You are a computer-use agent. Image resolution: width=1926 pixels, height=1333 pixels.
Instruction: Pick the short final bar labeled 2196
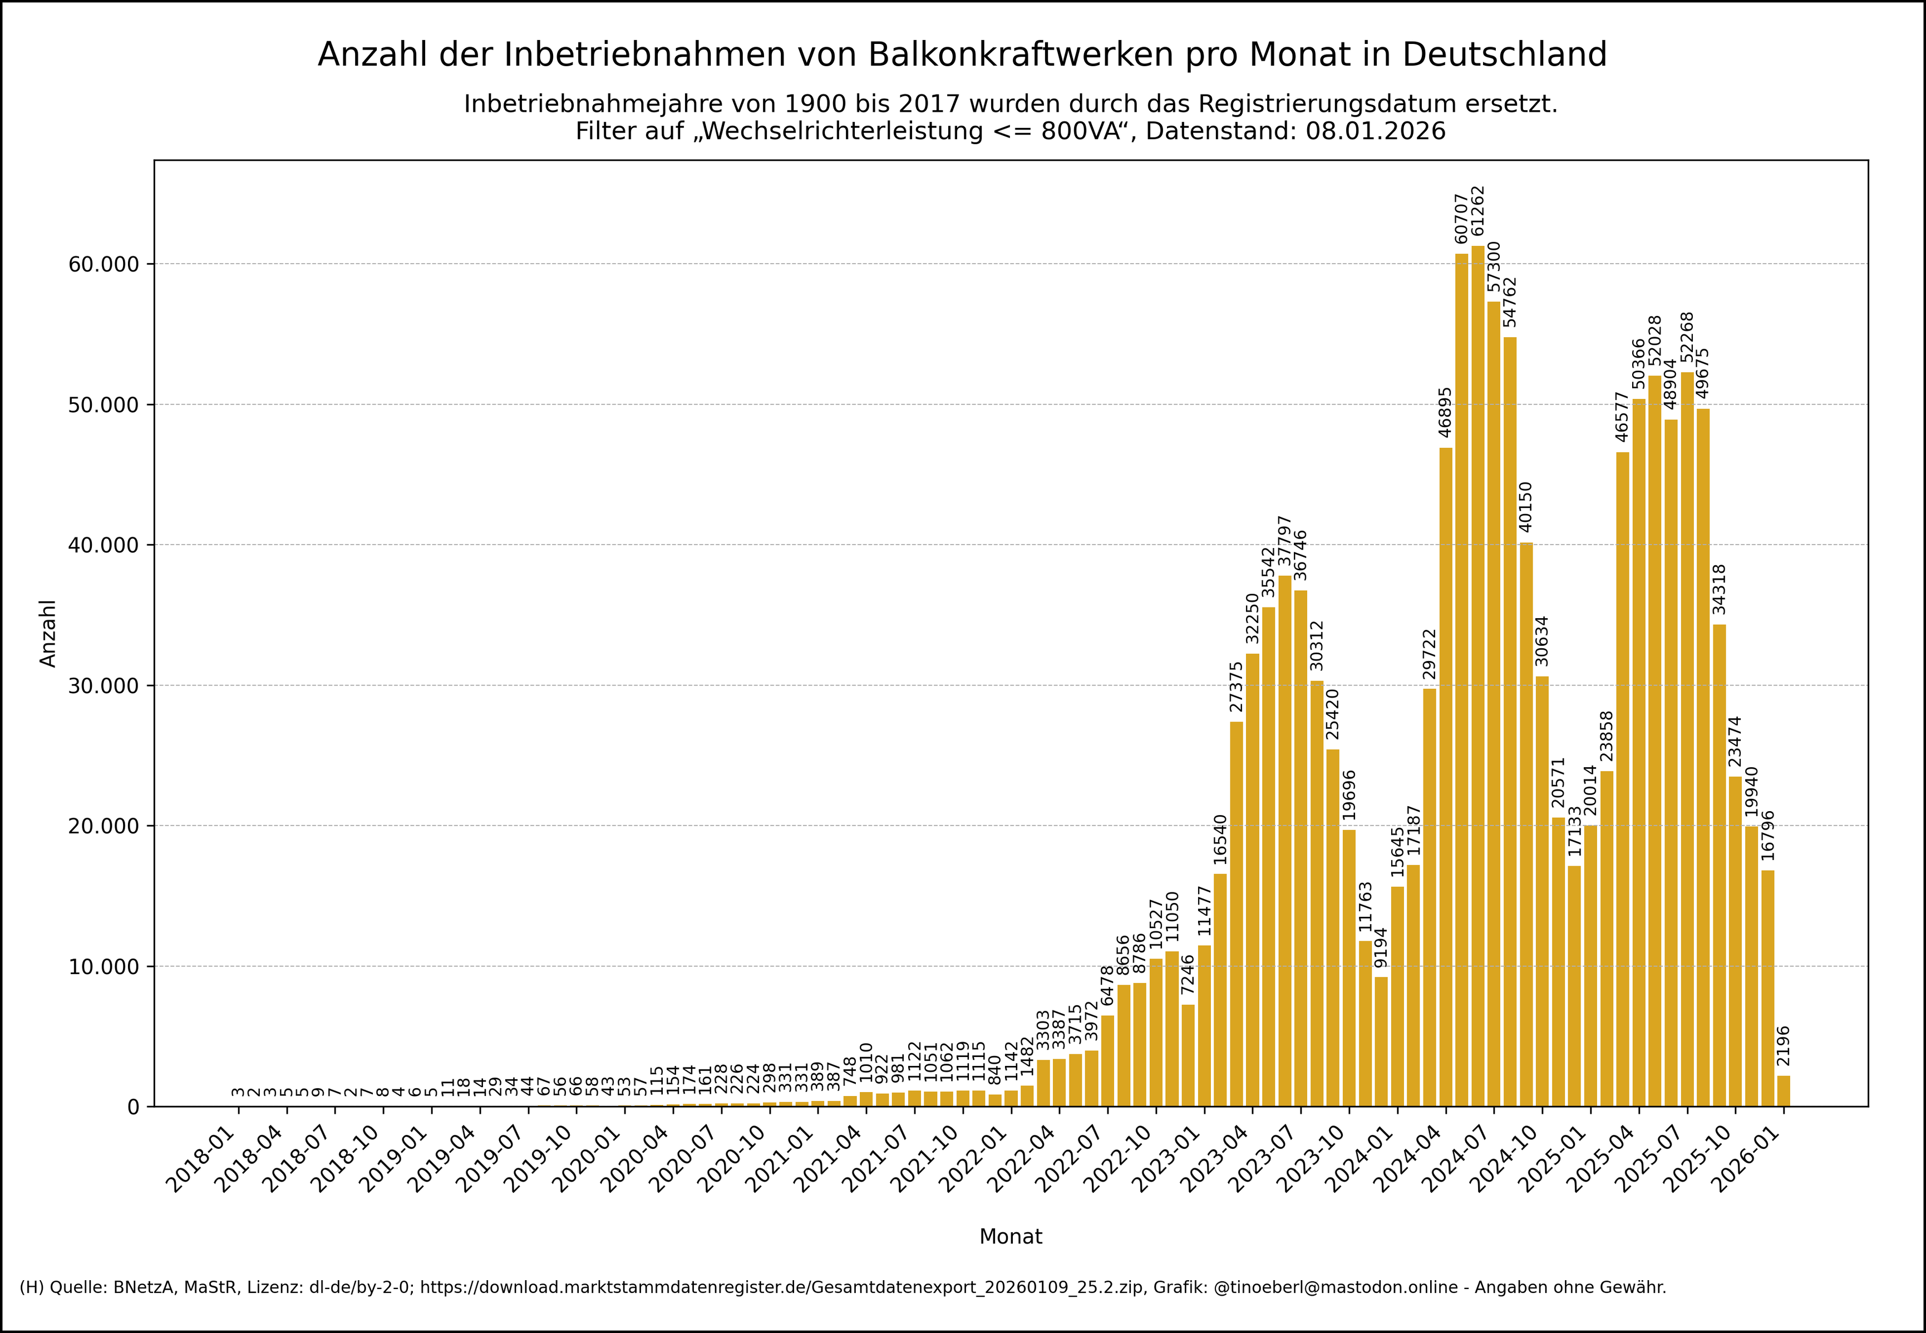(1783, 1092)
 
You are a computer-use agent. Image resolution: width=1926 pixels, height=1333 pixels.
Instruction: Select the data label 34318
(1719, 590)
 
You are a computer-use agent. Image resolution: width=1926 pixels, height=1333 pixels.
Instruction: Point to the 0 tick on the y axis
(134, 1108)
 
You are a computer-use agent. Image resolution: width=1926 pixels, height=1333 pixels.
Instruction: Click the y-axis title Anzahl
(48, 633)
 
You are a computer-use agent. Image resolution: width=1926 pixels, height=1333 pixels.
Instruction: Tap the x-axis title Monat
(1011, 1237)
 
